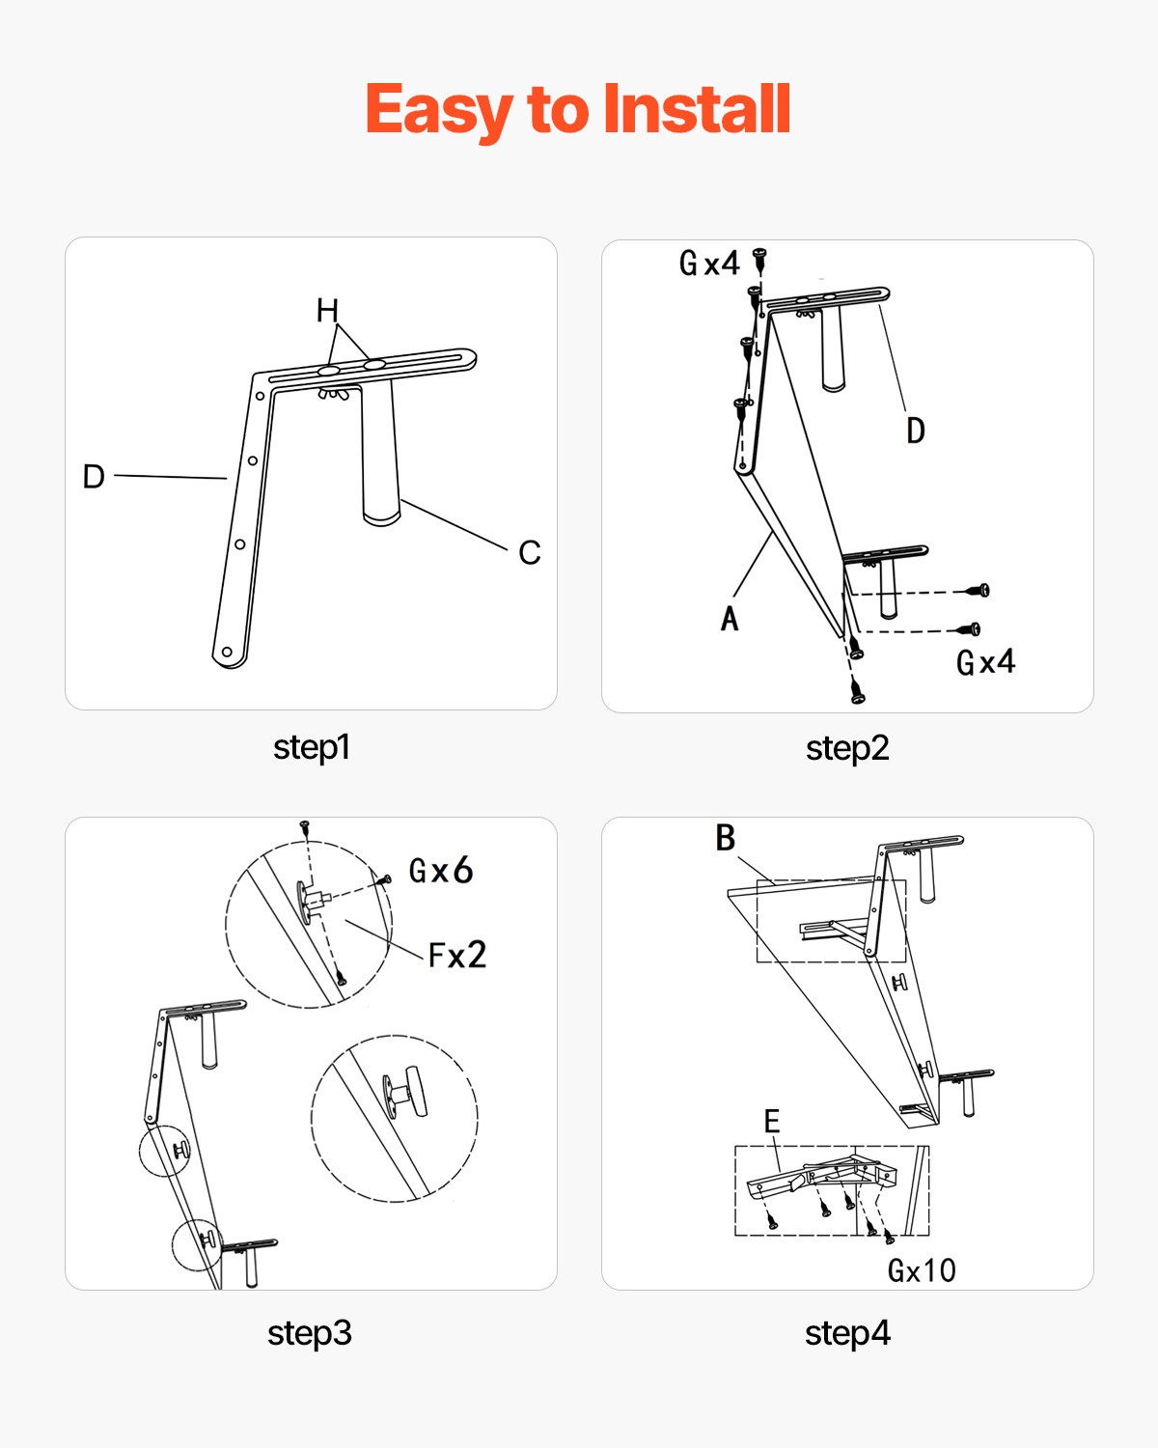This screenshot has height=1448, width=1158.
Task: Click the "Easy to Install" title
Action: (x=577, y=110)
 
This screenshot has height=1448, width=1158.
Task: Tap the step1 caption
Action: (x=312, y=747)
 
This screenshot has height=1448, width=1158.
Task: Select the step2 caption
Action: (x=847, y=748)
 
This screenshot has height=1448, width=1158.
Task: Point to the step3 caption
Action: (x=310, y=1333)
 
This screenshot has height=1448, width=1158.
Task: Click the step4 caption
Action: (x=848, y=1333)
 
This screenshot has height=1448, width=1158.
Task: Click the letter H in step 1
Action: (x=328, y=311)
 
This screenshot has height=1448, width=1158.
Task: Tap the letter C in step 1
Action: (x=530, y=552)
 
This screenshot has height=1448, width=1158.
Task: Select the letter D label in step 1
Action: (x=94, y=476)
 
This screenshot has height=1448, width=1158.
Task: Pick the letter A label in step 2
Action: (x=730, y=618)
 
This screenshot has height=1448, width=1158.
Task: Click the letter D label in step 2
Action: (x=916, y=430)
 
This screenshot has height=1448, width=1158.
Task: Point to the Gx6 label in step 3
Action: (x=441, y=870)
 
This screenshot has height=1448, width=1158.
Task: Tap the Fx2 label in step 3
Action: (x=456, y=954)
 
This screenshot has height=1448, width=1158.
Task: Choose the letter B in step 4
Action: (x=726, y=838)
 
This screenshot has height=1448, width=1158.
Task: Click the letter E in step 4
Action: (x=772, y=1121)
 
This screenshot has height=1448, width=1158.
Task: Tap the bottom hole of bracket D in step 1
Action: (x=227, y=652)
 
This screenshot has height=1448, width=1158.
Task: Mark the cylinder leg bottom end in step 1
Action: (x=381, y=517)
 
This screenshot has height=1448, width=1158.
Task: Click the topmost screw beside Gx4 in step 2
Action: (x=760, y=258)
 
